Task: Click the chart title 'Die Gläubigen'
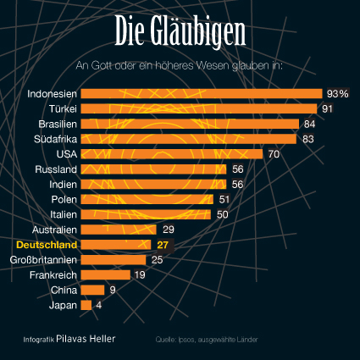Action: click(x=180, y=32)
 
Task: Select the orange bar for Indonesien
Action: click(x=202, y=93)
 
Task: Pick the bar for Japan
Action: click(x=86, y=305)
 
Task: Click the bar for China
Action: click(x=92, y=290)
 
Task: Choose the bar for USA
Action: click(x=172, y=154)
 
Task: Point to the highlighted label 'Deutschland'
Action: click(x=47, y=245)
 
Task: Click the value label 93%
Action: click(x=338, y=93)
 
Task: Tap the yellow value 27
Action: click(x=163, y=245)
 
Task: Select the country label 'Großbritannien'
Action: click(x=44, y=259)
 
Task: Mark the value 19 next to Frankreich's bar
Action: click(x=140, y=275)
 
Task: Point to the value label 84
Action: click(x=309, y=124)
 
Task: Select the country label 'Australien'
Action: click(x=55, y=230)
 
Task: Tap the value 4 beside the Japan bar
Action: click(x=99, y=305)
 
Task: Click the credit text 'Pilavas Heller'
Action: click(x=86, y=339)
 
